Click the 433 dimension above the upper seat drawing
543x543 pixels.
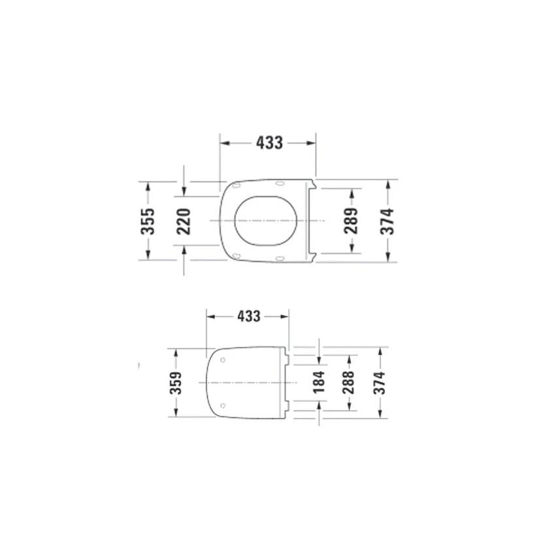point(269,142)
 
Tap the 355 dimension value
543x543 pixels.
point(149,221)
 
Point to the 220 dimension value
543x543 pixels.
point(184,221)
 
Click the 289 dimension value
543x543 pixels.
point(352,221)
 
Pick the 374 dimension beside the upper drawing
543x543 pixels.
point(388,221)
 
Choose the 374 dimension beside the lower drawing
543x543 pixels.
point(379,382)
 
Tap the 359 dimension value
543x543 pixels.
point(175,382)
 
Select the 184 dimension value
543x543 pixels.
point(318,382)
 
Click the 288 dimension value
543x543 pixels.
point(348,382)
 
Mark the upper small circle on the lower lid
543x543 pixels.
point(223,359)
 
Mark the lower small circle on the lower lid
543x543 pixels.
point(223,405)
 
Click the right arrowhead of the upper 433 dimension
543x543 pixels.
point(312,142)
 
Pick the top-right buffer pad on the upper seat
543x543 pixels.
point(280,184)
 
